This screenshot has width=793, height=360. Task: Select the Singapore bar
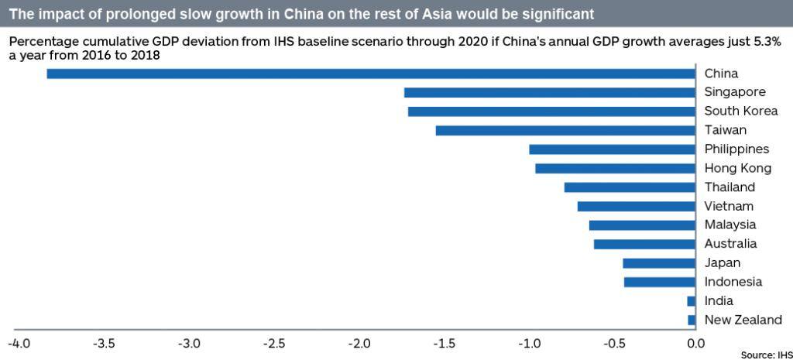click(x=549, y=93)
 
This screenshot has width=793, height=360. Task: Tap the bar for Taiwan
click(x=565, y=130)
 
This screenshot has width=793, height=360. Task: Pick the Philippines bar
click(x=612, y=149)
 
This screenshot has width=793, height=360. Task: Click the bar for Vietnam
click(x=636, y=206)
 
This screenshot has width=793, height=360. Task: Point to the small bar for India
click(x=691, y=301)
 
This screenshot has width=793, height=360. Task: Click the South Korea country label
click(x=740, y=111)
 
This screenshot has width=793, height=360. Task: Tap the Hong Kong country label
click(x=737, y=168)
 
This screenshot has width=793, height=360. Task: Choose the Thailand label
click(x=729, y=187)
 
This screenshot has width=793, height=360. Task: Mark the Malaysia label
click(x=730, y=225)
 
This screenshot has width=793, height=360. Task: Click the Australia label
click(x=730, y=244)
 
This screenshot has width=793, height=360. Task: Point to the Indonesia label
click(x=733, y=282)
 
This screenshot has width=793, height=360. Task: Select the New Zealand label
click(x=743, y=320)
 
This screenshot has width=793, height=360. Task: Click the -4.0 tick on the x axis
click(x=19, y=343)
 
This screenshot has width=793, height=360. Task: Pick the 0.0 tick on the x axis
click(x=696, y=343)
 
